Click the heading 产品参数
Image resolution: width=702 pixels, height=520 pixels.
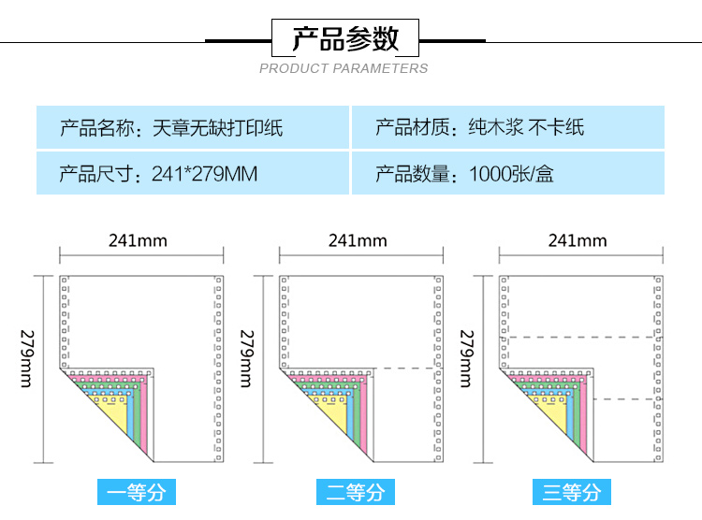tap(345, 39)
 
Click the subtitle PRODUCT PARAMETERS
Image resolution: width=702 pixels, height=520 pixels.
tap(344, 68)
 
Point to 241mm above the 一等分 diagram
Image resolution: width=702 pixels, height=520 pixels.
tap(138, 240)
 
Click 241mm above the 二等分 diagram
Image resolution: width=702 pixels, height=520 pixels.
tap(358, 240)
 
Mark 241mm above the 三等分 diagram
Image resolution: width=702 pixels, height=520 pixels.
tap(578, 240)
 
